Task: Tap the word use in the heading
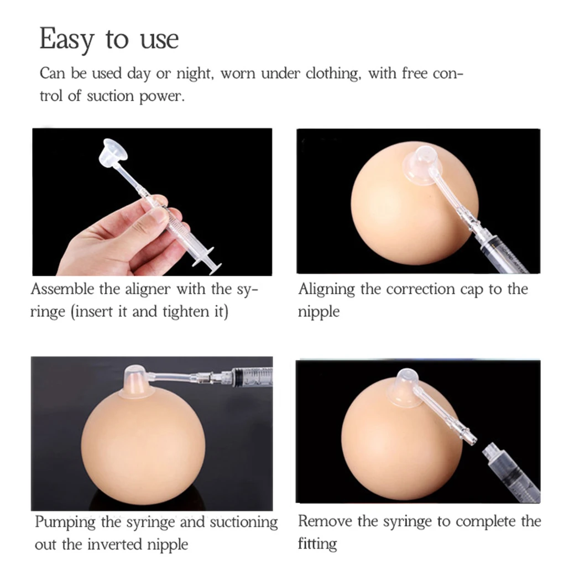(x=159, y=40)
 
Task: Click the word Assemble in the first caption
(x=62, y=289)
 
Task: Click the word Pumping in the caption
(x=65, y=523)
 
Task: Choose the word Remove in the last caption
(x=325, y=521)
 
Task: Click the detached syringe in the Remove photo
(x=511, y=473)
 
